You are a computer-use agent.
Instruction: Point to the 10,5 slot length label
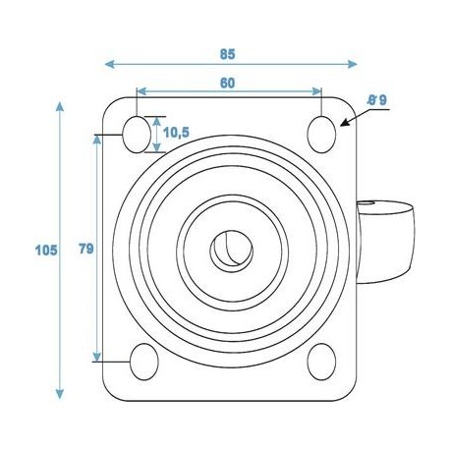click(x=178, y=131)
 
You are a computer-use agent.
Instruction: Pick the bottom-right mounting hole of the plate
click(x=320, y=361)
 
